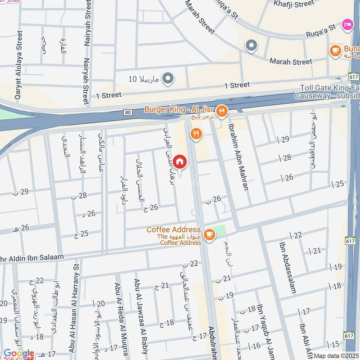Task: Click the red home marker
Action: (x=179, y=162)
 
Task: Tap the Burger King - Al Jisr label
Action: (x=179, y=109)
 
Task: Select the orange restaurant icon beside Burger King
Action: (x=221, y=110)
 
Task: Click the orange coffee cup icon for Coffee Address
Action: (x=209, y=234)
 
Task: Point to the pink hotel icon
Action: (x=347, y=23)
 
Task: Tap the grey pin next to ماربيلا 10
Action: (x=168, y=79)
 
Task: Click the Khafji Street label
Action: (x=294, y=4)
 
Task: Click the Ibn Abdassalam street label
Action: (x=287, y=268)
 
